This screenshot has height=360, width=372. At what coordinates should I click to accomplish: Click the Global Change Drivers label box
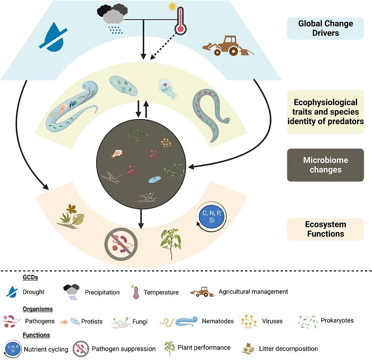click(x=325, y=28)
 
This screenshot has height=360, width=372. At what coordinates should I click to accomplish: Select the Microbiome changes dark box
click(x=325, y=165)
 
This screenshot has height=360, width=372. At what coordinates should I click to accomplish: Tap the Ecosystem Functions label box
click(x=325, y=229)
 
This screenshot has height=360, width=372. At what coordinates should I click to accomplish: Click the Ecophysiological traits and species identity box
click(x=325, y=112)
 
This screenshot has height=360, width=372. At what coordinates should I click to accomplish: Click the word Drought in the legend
click(x=33, y=292)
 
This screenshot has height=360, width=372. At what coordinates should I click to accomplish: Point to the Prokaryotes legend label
click(x=337, y=320)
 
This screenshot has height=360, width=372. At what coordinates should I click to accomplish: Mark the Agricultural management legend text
click(x=253, y=292)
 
